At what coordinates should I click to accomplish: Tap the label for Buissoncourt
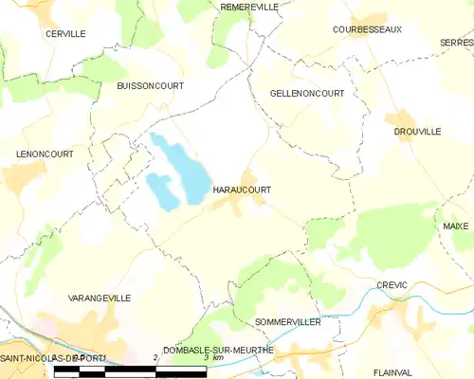pos(150,85)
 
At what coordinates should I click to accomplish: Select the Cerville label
pos(65,33)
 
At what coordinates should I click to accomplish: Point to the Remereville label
pos(249,7)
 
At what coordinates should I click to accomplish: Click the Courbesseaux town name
pos(367,29)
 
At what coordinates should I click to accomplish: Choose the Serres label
pos(456,43)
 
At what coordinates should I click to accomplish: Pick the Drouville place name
pos(417,132)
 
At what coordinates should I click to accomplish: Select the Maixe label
pos(456,226)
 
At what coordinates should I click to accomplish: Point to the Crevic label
pos(392,284)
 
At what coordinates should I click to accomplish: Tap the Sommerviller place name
pos(288,322)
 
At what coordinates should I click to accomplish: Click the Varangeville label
pos(100,298)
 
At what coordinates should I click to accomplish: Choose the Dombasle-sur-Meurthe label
pos(218,350)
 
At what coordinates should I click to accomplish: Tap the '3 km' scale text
pos(218,358)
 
